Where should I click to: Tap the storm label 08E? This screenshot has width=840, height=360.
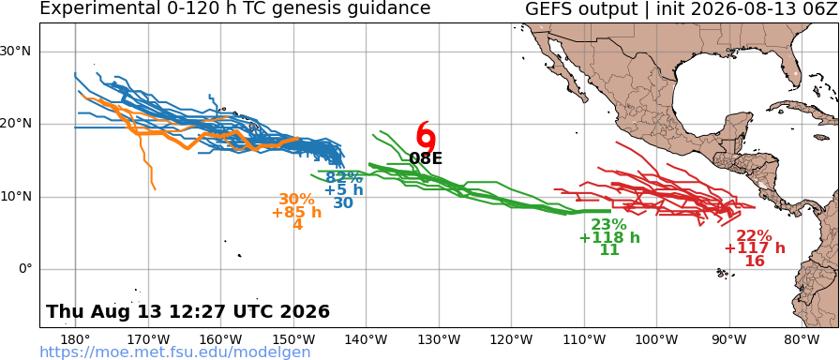click(x=426, y=158)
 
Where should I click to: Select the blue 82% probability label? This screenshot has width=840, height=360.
click(x=344, y=177)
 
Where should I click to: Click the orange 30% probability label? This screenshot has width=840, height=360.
click(x=297, y=200)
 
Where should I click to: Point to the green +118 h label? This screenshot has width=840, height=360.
click(x=609, y=237)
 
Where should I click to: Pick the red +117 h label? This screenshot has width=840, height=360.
click(x=755, y=248)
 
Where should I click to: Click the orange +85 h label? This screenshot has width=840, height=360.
click(x=297, y=212)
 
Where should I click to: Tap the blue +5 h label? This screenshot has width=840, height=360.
click(x=344, y=190)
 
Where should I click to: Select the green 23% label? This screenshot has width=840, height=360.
click(x=609, y=225)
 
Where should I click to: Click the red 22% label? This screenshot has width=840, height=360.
click(x=755, y=235)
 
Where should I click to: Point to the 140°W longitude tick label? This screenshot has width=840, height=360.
click(x=367, y=339)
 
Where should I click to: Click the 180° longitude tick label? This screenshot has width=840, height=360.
click(x=76, y=339)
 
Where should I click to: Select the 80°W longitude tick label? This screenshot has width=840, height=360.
click(x=802, y=339)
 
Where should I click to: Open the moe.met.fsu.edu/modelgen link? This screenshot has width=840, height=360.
click(x=175, y=352)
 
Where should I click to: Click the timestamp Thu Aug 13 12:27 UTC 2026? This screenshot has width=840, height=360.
click(x=188, y=311)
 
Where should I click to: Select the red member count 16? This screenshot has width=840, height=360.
click(x=755, y=261)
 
